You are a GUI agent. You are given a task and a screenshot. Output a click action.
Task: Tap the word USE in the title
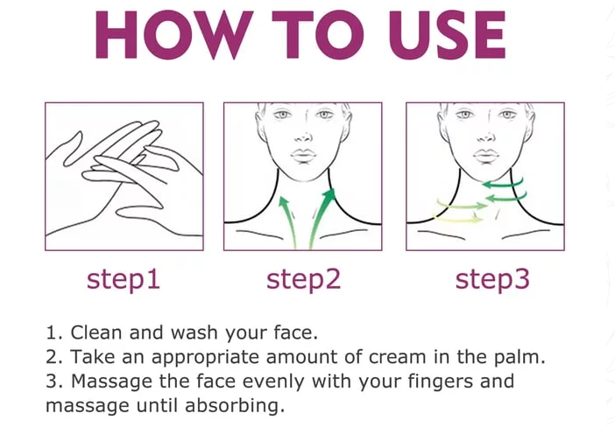click(x=447, y=35)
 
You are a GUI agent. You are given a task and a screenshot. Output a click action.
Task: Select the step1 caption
click(x=124, y=280)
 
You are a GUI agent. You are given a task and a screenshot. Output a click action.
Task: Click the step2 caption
click(x=304, y=280)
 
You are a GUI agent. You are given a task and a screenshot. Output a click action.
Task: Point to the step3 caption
click(x=492, y=280)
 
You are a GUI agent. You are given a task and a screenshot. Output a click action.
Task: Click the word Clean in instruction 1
click(x=96, y=332)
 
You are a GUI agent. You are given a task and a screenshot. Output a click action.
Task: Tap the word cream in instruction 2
click(x=398, y=357)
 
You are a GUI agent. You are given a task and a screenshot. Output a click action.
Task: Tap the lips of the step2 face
click(x=303, y=154)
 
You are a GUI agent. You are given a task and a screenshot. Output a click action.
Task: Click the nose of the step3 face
click(x=485, y=137)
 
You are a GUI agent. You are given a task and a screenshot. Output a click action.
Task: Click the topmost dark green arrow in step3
click(x=503, y=184)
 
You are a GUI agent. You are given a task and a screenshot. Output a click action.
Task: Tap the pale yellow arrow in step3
click(x=458, y=218)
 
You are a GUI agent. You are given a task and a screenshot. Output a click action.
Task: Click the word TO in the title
click(x=319, y=35)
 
